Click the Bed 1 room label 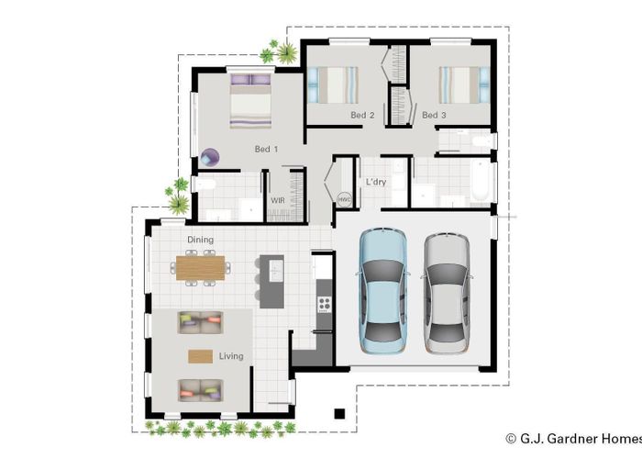tap(266, 149)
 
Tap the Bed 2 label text tap(362, 115)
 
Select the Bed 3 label tap(434, 115)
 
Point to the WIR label tap(278, 200)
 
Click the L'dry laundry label tap(376, 182)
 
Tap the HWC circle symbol tap(344, 199)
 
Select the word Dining tap(200, 240)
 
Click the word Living tap(231, 356)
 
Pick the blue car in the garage tap(382, 291)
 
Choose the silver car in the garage tap(447, 294)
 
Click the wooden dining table tap(200, 268)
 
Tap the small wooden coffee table tap(200, 356)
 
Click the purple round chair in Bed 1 tap(210, 157)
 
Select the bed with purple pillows tap(250, 101)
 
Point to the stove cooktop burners tap(325, 304)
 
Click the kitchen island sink tap(276, 271)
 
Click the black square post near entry tap(339, 414)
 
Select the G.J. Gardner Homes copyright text tap(573, 439)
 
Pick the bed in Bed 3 tap(464, 84)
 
